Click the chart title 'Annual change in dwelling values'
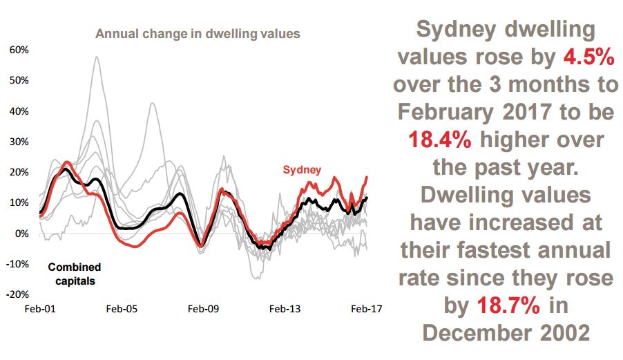tap(198, 33)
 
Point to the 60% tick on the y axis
tap(19, 50)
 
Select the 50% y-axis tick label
tap(19, 80)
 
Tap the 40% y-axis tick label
tap(19, 111)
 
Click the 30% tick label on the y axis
tap(19, 142)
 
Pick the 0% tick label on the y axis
tap(21, 234)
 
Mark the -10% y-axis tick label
tap(17, 264)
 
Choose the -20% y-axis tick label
tap(17, 294)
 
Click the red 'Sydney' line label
tap(302, 170)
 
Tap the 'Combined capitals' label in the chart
tap(74, 274)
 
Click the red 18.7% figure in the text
tap(507, 305)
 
